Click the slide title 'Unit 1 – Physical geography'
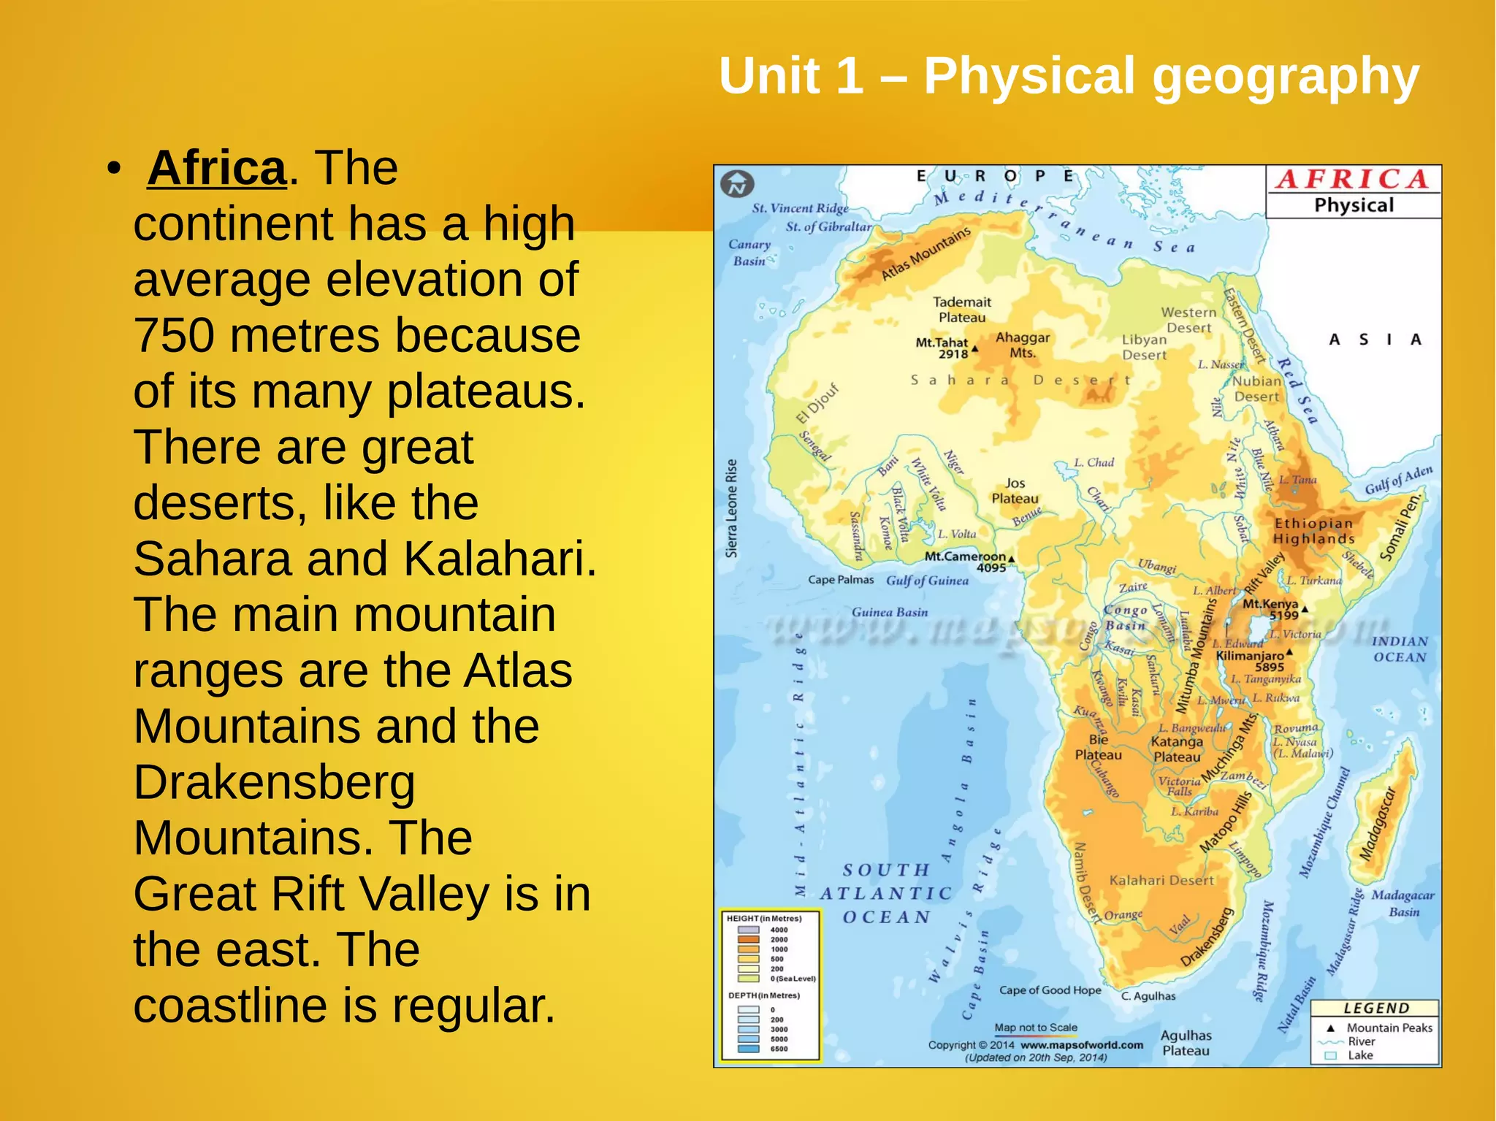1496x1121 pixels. pos(1068,76)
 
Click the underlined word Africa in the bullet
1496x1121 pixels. pos(216,168)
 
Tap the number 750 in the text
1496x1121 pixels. pos(175,336)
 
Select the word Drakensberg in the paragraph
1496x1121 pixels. pos(274,782)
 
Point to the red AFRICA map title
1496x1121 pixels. pos(1353,180)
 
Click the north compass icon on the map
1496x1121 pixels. pos(737,185)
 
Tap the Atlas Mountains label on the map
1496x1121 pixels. pos(926,253)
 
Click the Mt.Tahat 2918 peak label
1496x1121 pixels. pos(942,348)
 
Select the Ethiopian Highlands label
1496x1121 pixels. pos(1313,531)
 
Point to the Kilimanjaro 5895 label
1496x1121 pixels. pos(1250,660)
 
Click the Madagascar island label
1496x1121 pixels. pos(1378,824)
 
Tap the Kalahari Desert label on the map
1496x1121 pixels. pos(1161,881)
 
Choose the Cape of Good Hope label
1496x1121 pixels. pos(1050,990)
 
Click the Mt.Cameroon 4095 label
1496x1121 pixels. pos(966,561)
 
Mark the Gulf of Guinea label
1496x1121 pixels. pos(927,581)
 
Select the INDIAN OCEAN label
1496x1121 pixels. pos(1399,649)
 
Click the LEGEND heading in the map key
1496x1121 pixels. pos(1376,1009)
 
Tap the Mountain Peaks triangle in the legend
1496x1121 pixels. pos(1331,1028)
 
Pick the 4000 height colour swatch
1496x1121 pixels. pos(748,930)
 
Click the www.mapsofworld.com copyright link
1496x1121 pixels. pos(1082,1045)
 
